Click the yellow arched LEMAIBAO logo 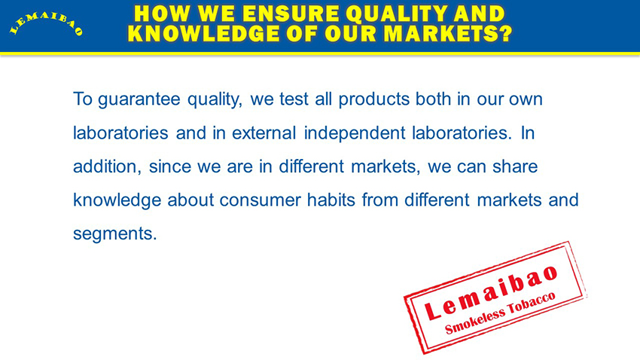pyautogui.click(x=46, y=25)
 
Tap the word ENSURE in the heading pyautogui.click(x=291, y=14)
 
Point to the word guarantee pyautogui.click(x=139, y=100)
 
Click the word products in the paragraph pyautogui.click(x=374, y=99)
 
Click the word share pyautogui.click(x=515, y=166)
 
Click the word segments pyautogui.click(x=114, y=234)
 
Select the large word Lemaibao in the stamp pyautogui.click(x=491, y=291)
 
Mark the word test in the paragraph pyautogui.click(x=294, y=99)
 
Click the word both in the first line pyautogui.click(x=433, y=99)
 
